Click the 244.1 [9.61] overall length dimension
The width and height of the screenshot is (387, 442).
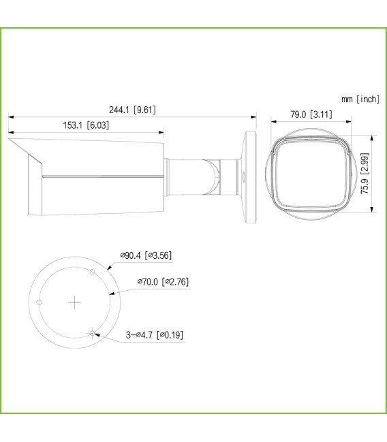pos(133,110)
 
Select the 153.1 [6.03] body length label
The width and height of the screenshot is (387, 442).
pos(86,125)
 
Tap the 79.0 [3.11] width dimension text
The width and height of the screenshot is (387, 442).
pos(311,114)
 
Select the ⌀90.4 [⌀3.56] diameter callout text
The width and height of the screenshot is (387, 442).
pos(146,255)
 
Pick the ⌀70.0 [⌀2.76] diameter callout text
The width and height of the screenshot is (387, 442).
pos(162,281)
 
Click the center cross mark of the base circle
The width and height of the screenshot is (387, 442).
pos(75,301)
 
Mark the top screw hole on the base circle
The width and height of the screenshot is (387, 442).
pos(92,272)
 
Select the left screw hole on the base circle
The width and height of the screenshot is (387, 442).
pos(40,302)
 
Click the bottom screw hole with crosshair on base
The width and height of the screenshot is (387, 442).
pos(91,332)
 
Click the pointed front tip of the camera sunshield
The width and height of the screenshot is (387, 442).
pos(10,140)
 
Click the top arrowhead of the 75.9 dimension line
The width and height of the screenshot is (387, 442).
pos(372,136)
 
